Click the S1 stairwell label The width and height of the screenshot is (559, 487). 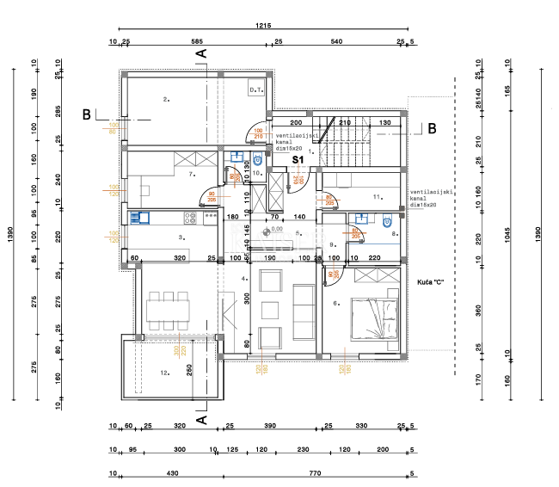(298, 159)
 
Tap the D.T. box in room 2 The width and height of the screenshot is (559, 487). (255, 89)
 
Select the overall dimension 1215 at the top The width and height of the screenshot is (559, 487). (262, 28)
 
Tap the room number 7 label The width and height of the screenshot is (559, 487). (192, 174)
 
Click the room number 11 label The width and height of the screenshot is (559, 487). (377, 197)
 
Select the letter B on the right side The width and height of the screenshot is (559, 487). (433, 129)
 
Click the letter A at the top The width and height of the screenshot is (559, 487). (203, 53)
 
